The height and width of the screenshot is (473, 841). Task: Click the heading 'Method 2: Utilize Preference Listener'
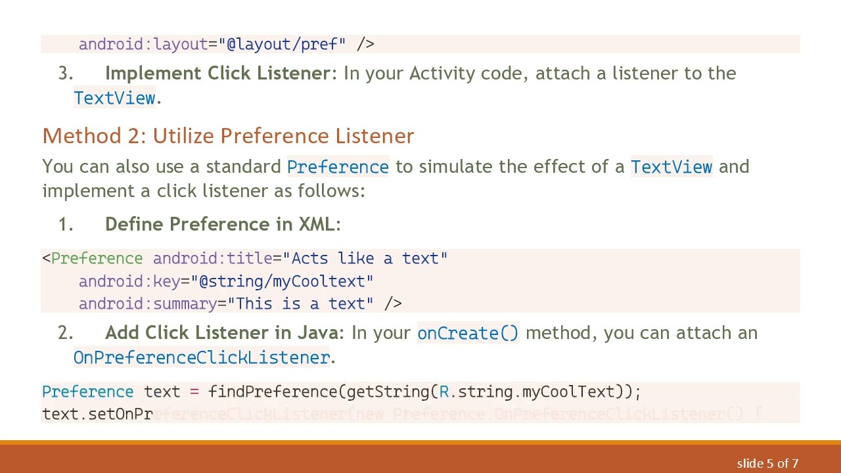pyautogui.click(x=228, y=136)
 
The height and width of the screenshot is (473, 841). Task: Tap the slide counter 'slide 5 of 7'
pyautogui.click(x=767, y=464)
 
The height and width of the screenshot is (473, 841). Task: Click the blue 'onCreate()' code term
pyautogui.click(x=468, y=333)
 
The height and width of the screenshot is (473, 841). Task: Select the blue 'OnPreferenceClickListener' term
pyautogui.click(x=202, y=357)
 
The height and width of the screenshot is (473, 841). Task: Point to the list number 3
pyautogui.click(x=65, y=74)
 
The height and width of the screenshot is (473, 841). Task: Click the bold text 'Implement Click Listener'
pyautogui.click(x=217, y=74)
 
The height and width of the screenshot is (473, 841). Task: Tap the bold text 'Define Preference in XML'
pyautogui.click(x=220, y=224)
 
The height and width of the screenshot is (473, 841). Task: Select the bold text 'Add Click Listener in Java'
pyautogui.click(x=223, y=333)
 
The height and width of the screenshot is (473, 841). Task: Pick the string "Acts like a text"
pyautogui.click(x=369, y=258)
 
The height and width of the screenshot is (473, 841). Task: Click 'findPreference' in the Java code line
pyautogui.click(x=273, y=392)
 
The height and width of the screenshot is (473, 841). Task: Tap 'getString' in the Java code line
pyautogui.click(x=388, y=392)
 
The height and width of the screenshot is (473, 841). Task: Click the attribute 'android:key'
pyautogui.click(x=129, y=281)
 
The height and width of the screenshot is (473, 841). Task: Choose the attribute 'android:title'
pyautogui.click(x=212, y=258)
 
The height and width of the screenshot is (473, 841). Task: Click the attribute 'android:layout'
pyautogui.click(x=143, y=44)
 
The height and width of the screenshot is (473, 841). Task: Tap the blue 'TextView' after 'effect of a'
pyautogui.click(x=671, y=167)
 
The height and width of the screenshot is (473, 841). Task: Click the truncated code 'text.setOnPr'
pyautogui.click(x=97, y=414)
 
